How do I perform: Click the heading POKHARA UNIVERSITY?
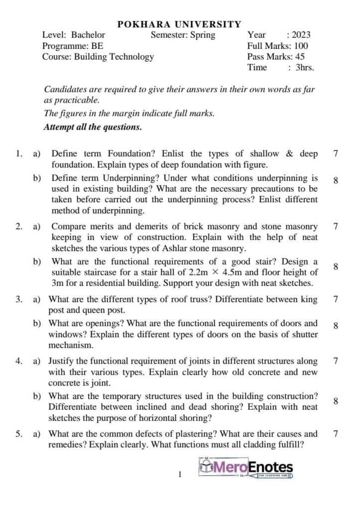(x=179, y=24)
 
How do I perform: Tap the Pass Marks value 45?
(x=300, y=57)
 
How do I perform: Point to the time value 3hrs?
(x=305, y=68)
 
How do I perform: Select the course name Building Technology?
(x=114, y=57)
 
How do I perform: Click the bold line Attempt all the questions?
(x=93, y=127)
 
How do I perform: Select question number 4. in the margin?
(x=19, y=361)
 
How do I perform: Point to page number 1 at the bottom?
(x=180, y=474)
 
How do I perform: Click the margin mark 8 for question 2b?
(x=336, y=267)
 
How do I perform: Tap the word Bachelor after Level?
(x=88, y=35)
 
